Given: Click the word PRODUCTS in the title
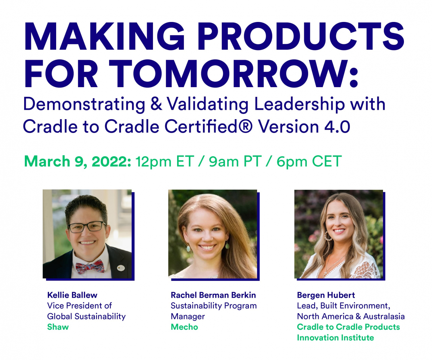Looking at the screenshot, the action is (301, 36).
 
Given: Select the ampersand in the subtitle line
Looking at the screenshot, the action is (156, 104).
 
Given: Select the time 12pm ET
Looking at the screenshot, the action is (165, 162).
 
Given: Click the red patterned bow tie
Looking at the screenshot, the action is (90, 266).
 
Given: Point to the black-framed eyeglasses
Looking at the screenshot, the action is (87, 227).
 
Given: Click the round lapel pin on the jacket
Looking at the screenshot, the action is (120, 269).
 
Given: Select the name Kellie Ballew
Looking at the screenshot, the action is (72, 295).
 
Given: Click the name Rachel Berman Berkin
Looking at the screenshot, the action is (213, 295).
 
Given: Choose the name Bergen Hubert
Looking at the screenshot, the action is (326, 295).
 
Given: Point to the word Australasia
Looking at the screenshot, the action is (384, 316).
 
